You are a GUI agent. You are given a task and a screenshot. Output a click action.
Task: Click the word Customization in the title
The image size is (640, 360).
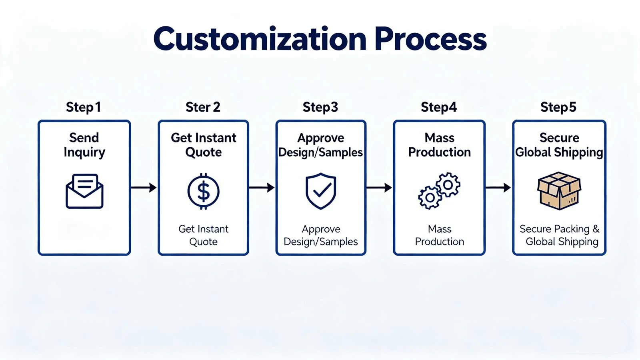click(x=260, y=39)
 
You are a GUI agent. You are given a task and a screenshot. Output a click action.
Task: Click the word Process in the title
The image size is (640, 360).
click(x=430, y=39)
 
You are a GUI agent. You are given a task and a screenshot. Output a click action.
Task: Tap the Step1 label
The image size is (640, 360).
click(x=83, y=107)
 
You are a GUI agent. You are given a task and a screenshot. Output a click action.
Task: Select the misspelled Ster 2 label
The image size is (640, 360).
click(x=203, y=107)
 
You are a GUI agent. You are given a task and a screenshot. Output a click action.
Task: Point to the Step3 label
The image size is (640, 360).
click(x=320, y=107)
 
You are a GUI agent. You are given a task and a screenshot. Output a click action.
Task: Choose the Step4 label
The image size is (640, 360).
click(x=438, y=107)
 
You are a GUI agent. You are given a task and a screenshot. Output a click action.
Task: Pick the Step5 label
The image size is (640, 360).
click(x=558, y=107)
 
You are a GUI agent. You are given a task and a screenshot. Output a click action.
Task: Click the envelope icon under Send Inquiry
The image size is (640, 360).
click(x=84, y=191)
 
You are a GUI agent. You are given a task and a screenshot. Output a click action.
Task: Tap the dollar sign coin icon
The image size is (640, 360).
click(x=204, y=191)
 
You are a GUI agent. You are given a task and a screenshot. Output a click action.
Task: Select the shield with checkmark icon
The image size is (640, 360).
click(x=321, y=191)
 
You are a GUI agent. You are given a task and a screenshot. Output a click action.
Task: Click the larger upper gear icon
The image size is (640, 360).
click(x=448, y=184)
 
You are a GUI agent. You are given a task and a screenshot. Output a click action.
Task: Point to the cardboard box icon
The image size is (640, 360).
click(x=559, y=191)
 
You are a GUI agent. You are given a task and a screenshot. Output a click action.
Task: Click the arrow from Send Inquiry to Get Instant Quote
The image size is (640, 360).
click(x=143, y=187)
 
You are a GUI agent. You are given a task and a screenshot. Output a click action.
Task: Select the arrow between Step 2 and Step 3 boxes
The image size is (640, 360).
click(x=262, y=187)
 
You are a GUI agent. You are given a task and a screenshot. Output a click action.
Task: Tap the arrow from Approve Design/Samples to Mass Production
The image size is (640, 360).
click(x=379, y=187)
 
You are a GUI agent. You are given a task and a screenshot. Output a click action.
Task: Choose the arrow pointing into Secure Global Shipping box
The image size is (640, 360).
click(x=498, y=187)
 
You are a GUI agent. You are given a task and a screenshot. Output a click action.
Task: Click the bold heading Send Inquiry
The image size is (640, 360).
click(x=84, y=145)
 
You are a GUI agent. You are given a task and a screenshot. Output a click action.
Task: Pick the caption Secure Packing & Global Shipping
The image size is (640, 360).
click(x=559, y=235)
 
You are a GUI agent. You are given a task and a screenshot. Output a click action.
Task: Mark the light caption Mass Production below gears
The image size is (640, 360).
click(x=439, y=235)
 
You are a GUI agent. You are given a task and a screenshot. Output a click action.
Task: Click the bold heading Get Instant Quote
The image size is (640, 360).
click(x=203, y=145)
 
